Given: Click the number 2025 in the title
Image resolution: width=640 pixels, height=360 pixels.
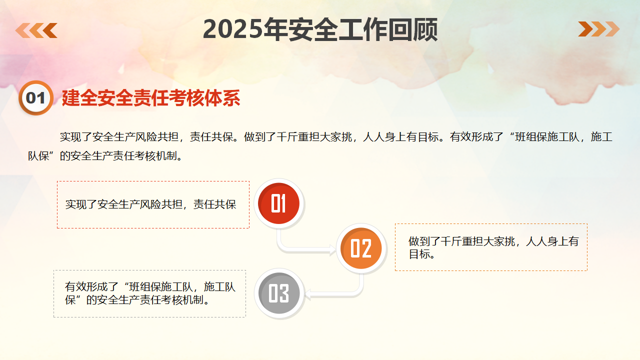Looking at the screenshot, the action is (x=233, y=29).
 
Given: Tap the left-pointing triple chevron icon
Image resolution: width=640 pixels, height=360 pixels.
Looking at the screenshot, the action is (x=36, y=30).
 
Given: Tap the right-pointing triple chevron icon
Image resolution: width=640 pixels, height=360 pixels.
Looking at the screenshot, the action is (x=598, y=29).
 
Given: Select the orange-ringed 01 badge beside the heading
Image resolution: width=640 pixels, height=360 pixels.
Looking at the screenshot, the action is (x=36, y=98).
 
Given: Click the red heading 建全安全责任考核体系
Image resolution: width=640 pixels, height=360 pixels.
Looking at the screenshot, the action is (x=151, y=98).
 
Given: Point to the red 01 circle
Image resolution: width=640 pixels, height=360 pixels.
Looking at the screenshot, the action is (x=278, y=203).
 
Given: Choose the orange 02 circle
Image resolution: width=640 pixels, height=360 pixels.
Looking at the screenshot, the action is (x=361, y=248).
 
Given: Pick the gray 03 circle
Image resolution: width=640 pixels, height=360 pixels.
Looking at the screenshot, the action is (x=279, y=293).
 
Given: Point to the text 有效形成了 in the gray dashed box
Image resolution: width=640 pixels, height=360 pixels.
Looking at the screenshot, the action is (x=91, y=286).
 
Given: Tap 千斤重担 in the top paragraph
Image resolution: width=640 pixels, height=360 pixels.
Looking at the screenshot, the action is (x=298, y=137).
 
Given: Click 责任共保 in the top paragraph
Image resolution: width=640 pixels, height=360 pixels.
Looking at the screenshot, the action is (x=211, y=137).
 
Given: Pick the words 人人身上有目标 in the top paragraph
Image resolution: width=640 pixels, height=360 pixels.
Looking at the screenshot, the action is (x=401, y=137).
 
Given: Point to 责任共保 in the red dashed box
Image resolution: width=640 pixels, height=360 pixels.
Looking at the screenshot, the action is (x=215, y=204).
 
